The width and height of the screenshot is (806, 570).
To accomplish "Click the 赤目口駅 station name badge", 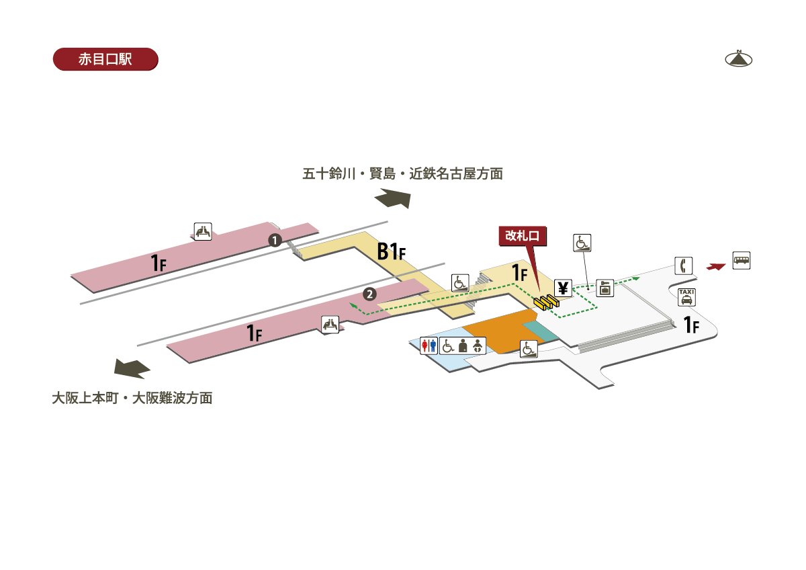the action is click(x=105, y=59).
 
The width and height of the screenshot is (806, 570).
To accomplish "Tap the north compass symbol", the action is click(x=738, y=58).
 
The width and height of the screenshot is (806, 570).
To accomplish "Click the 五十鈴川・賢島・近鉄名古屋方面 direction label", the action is click(x=402, y=174).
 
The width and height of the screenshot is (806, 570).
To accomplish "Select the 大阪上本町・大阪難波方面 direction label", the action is click(x=132, y=398).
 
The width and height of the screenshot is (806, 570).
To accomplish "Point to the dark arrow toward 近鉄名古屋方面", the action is click(x=394, y=198).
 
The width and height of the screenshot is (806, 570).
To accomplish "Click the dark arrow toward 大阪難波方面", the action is click(x=132, y=368).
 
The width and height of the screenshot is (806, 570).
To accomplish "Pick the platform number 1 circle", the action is click(x=275, y=240).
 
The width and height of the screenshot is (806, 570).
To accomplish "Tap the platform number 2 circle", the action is click(x=369, y=294).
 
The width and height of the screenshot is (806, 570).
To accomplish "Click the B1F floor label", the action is click(x=392, y=251).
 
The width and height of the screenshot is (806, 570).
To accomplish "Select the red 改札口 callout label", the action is click(x=523, y=236).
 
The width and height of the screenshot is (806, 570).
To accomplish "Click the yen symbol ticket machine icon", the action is click(x=563, y=288).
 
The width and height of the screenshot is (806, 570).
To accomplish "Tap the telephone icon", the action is click(x=683, y=266).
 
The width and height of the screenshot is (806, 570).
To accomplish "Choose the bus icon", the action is click(x=742, y=260).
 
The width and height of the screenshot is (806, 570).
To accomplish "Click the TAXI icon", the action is click(x=686, y=297).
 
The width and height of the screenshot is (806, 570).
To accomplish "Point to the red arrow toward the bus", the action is click(x=716, y=267).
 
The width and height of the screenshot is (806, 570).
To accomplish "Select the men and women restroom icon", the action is click(x=429, y=345).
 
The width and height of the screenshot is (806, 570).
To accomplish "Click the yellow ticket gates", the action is click(x=546, y=302).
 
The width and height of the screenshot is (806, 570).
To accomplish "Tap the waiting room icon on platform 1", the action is click(x=203, y=231).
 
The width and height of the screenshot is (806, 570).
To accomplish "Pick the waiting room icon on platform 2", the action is click(x=330, y=325).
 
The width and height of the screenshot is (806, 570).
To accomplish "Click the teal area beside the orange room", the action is click(x=540, y=331).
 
